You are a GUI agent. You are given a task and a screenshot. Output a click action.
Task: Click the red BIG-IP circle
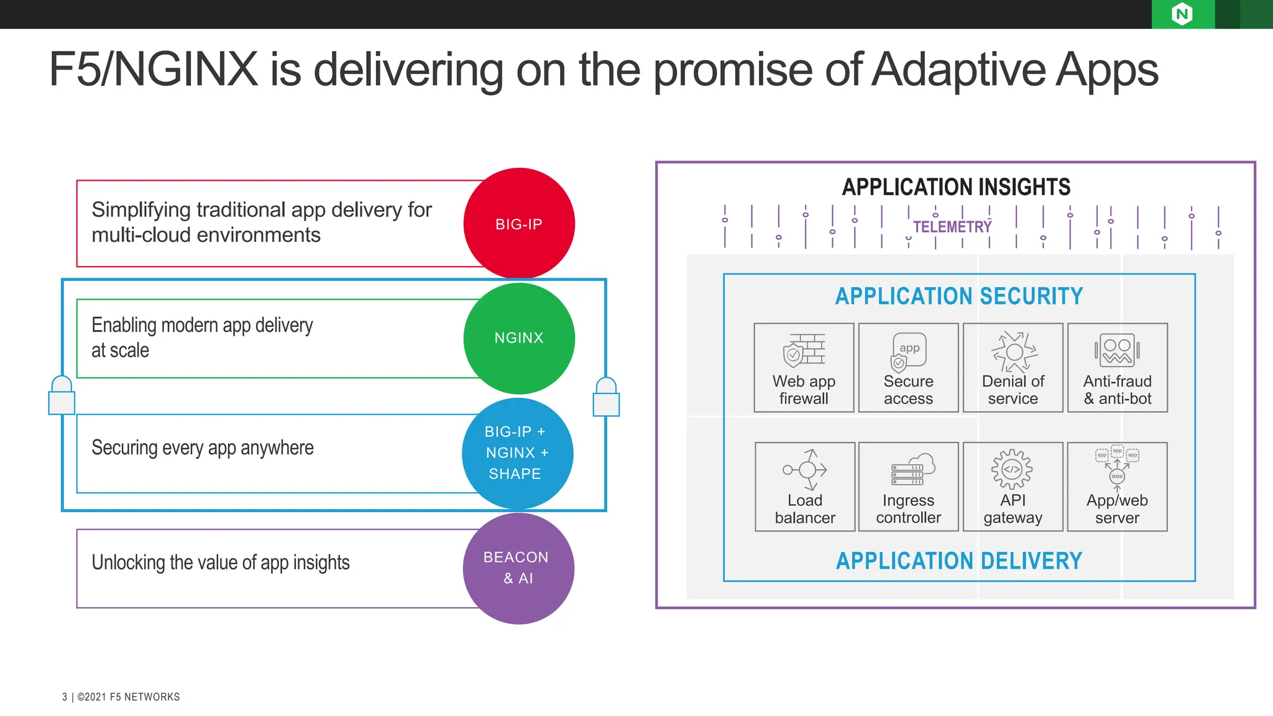[519, 224]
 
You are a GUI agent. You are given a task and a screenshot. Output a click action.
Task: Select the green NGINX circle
[519, 338]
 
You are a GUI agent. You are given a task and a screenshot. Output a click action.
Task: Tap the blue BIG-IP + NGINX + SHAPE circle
[517, 453]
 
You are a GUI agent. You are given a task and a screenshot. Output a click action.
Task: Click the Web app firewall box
[804, 367]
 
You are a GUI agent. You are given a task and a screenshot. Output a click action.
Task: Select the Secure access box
[908, 367]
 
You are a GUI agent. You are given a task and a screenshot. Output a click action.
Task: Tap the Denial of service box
[1013, 367]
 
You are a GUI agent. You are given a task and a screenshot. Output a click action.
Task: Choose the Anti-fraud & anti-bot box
[1117, 367]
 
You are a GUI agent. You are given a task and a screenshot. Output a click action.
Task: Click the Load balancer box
[805, 487]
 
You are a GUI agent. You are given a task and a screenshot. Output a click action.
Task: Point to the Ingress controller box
[908, 487]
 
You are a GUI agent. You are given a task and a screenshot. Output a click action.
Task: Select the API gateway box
[1013, 487]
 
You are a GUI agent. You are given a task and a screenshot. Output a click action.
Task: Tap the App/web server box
[1117, 487]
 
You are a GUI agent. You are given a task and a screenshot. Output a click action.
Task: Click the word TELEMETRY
[952, 227]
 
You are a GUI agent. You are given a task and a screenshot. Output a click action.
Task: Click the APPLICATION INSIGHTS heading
[956, 187]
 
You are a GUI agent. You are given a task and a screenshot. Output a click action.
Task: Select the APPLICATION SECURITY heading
[958, 296]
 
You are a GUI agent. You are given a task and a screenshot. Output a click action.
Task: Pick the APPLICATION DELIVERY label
[958, 561]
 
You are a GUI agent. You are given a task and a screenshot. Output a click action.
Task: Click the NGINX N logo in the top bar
[1182, 14]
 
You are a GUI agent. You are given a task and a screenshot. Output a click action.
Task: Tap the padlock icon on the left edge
[62, 396]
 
